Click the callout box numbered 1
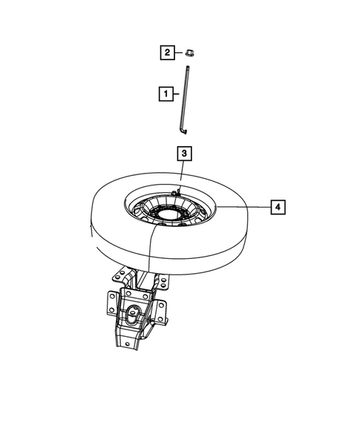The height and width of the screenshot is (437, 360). point(165,94)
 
